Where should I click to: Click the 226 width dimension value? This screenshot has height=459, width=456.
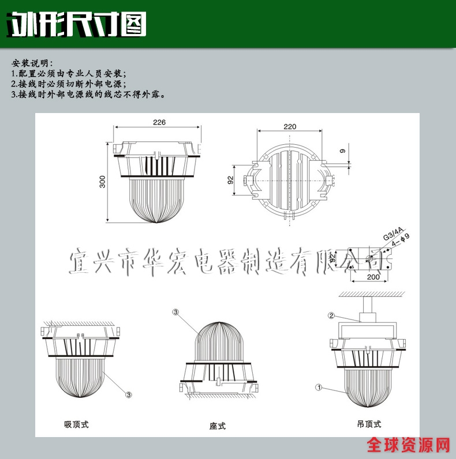point(159,122)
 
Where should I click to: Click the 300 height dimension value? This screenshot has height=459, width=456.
point(102,182)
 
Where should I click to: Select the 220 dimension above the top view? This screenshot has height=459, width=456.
point(290,126)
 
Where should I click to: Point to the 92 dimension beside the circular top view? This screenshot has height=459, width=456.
point(231,180)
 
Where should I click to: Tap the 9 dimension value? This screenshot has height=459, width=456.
point(342,151)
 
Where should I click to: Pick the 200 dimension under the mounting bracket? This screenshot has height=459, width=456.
point(373,277)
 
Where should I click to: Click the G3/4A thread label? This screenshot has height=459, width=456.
point(393,234)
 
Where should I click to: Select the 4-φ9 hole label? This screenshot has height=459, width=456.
point(401,239)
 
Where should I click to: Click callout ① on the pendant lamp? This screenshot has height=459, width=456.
point(319,387)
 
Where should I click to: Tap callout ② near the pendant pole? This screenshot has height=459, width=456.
point(331,315)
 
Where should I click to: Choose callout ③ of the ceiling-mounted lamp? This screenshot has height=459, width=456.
point(129,394)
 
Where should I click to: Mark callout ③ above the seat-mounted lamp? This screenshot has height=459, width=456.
point(175,312)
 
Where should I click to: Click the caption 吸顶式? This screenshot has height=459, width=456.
point(76,424)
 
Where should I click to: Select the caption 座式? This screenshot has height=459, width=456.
point(218,426)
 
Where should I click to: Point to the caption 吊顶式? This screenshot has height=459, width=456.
point(369,424)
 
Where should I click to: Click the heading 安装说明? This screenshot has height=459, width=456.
point(32,63)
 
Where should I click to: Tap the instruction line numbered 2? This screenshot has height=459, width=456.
point(69,84)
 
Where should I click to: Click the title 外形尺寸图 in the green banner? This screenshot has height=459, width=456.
point(76,25)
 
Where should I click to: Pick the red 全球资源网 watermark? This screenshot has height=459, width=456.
point(408,445)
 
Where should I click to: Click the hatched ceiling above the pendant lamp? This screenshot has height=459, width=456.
point(372,294)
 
